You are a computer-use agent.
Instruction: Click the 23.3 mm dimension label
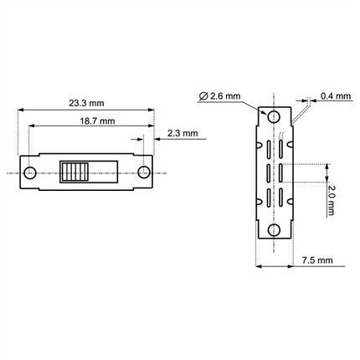86,103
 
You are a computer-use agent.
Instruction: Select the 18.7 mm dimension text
97,121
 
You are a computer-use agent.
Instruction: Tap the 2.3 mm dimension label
183,133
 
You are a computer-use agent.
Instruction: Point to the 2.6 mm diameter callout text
225,96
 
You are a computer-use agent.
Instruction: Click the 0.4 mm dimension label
336,96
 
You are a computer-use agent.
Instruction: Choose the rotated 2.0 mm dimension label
331,200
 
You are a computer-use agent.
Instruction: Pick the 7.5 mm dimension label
317,260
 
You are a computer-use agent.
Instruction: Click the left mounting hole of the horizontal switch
29,172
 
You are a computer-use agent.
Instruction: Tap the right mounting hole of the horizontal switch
144,172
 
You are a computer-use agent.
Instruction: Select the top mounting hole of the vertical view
274,116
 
